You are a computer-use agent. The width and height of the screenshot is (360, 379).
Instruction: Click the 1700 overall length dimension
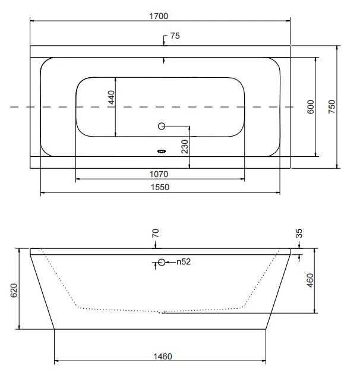pyautogui.click(x=159, y=16)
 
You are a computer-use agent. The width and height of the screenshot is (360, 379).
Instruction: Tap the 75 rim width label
pyautogui.click(x=175, y=36)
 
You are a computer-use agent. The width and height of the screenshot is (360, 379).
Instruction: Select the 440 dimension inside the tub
pyautogui.click(x=111, y=97)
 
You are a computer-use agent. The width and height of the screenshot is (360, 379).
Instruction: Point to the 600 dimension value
pyautogui.click(x=311, y=107)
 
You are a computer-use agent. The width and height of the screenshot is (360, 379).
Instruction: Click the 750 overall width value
pyautogui.click(x=332, y=107)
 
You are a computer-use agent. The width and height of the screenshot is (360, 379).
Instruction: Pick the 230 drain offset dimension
pyautogui.click(x=185, y=147)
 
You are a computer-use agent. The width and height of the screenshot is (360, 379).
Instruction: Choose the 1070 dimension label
pyautogui.click(x=159, y=174)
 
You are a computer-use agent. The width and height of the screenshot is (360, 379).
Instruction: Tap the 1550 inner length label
pyautogui.click(x=160, y=187)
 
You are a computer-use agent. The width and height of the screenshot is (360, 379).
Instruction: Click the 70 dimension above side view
pyautogui.click(x=156, y=233)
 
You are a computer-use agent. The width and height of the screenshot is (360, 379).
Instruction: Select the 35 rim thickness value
pyautogui.click(x=299, y=233)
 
